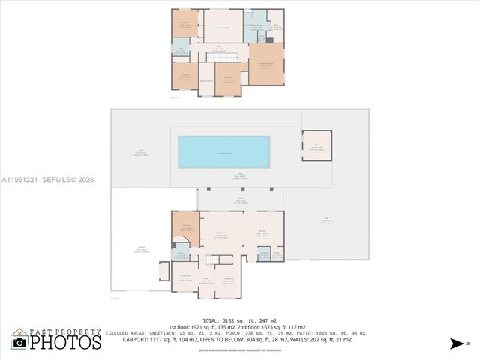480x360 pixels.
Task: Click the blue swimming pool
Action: (x=224, y=151)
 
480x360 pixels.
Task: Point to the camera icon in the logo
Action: (x=19, y=342)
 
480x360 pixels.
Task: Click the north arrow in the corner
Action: (x=458, y=343)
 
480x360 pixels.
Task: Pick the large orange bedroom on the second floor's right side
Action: (x=266, y=64)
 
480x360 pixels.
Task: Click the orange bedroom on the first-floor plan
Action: (x=186, y=229)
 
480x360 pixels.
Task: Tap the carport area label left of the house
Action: (x=140, y=250)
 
